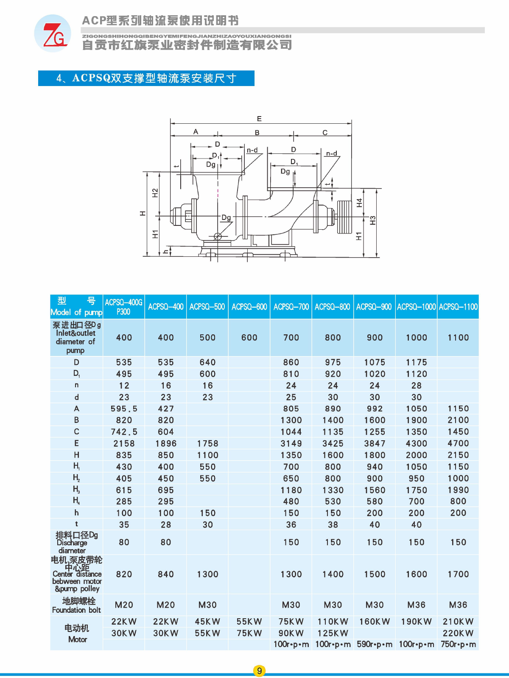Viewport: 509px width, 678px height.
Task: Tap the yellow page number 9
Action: coord(259,671)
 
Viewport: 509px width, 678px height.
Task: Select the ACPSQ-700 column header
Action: coord(291,307)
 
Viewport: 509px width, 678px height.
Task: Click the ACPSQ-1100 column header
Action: coord(459,307)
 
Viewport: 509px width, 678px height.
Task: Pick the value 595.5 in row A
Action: coord(124,408)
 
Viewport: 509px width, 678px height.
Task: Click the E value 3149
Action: coord(291,444)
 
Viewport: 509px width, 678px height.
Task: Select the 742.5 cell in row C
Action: coord(124,432)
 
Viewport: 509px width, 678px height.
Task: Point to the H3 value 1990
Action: coord(459,490)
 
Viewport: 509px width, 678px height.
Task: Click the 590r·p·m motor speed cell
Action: coord(375,645)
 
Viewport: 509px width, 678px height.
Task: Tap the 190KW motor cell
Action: coord(416,622)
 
